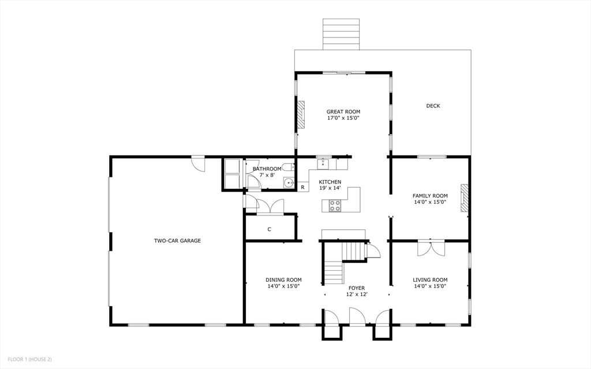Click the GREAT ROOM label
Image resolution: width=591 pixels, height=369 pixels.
click(x=343, y=111)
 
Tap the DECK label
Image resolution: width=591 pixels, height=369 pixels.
click(x=433, y=106)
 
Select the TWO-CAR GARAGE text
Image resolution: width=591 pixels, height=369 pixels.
click(x=177, y=240)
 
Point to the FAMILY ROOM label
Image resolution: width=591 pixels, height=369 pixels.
click(x=430, y=196)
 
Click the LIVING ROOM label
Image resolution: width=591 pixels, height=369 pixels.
click(x=430, y=280)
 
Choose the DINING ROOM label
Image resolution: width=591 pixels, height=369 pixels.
click(x=283, y=280)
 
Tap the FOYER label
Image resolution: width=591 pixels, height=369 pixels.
click(x=356, y=288)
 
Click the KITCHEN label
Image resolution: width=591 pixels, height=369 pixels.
click(x=330, y=182)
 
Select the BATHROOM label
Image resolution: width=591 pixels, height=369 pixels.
click(x=263, y=169)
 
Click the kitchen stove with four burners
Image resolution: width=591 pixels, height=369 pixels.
click(x=335, y=205)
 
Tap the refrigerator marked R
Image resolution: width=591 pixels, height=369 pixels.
click(x=302, y=187)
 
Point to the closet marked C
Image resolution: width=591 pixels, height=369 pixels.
click(x=269, y=229)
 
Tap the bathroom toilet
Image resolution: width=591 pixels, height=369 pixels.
click(x=290, y=167)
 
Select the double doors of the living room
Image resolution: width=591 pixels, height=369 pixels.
click(x=431, y=247)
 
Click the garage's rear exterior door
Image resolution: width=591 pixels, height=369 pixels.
click(x=198, y=163)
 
